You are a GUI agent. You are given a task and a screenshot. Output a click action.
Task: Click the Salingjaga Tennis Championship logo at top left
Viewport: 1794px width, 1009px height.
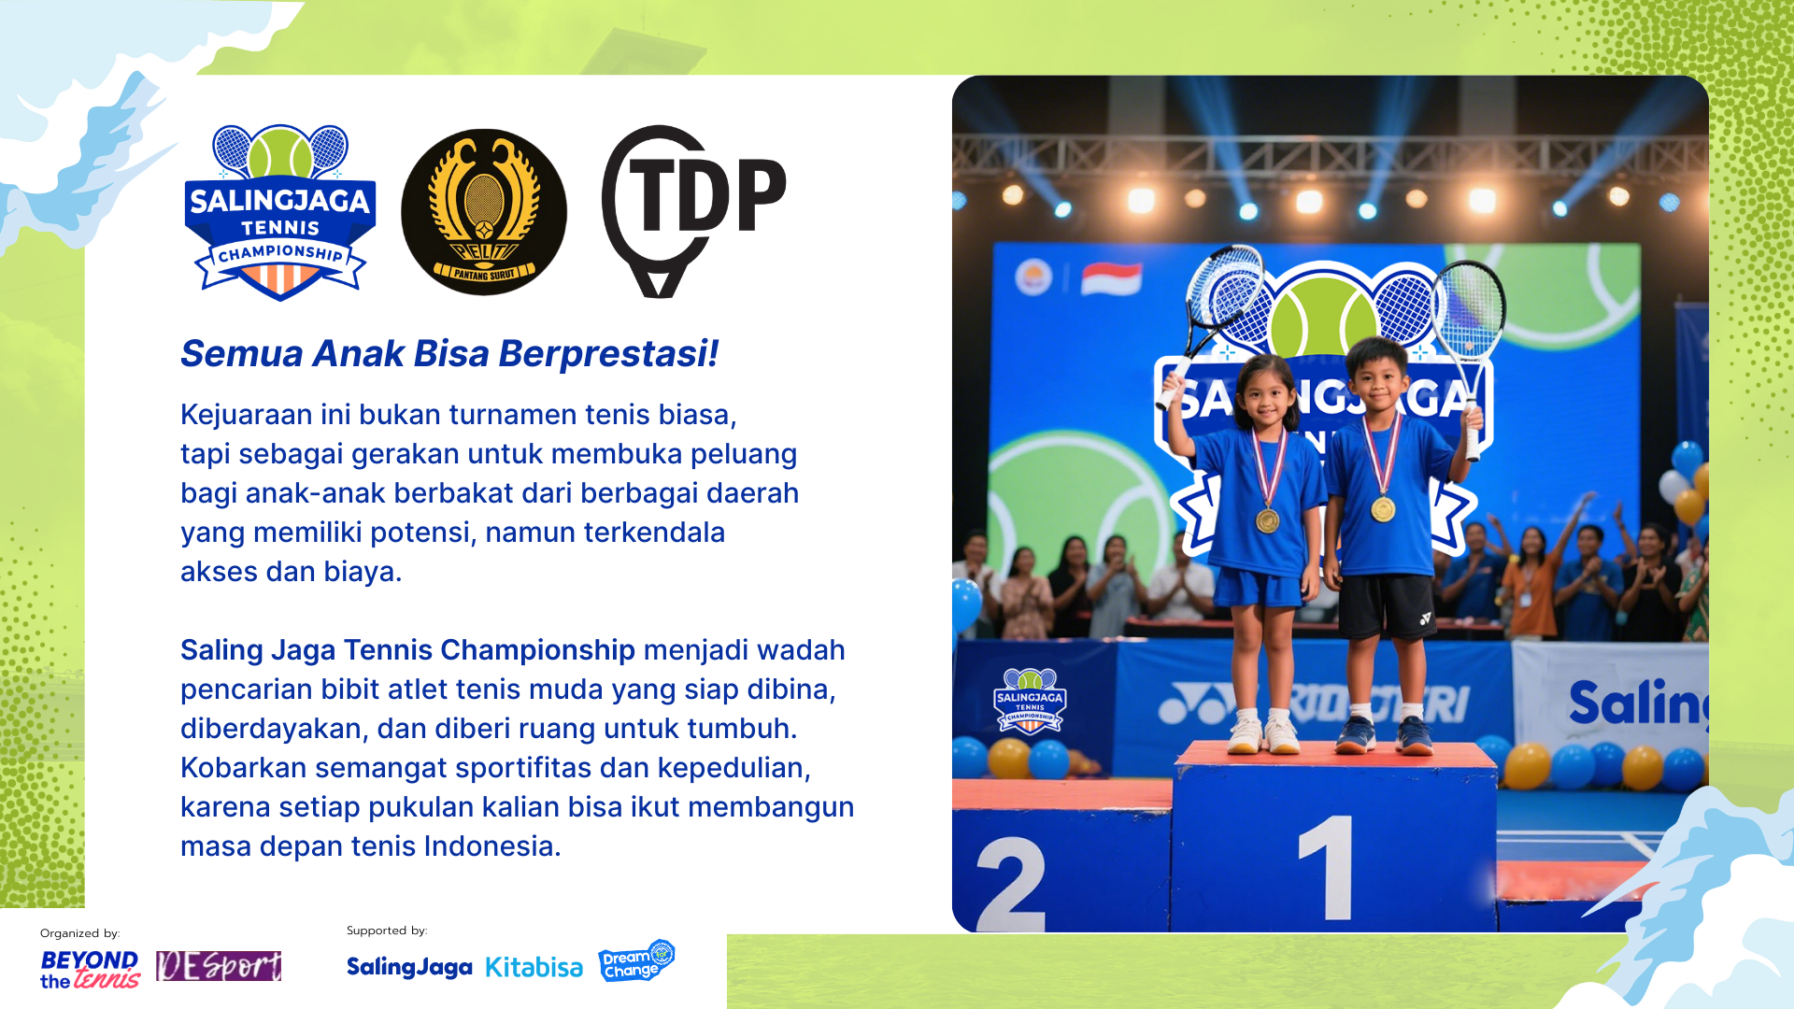point(280,212)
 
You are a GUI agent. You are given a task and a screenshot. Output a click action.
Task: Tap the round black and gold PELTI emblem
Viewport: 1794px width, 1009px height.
point(484,212)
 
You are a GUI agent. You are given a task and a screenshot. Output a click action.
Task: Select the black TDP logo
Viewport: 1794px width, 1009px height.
point(693,211)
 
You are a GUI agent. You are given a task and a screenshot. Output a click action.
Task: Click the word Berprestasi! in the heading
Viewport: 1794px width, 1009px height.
point(608,354)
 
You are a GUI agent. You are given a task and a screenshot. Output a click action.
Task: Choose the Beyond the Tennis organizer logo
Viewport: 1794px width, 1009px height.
point(90,970)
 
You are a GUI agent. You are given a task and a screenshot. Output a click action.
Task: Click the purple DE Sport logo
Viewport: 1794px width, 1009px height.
point(219,966)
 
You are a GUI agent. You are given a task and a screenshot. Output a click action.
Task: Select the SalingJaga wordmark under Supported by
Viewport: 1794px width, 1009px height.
point(409,968)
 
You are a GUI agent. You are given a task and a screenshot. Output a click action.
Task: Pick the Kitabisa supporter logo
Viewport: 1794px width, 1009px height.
point(534,968)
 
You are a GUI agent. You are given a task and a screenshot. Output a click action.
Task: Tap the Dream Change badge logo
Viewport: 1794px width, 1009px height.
point(636,961)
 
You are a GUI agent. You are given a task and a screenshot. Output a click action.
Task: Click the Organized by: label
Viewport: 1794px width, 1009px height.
point(80,933)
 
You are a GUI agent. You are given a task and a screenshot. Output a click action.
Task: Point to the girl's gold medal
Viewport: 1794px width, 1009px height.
point(1267,520)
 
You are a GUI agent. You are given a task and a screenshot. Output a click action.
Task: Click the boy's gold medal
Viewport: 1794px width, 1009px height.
point(1383,509)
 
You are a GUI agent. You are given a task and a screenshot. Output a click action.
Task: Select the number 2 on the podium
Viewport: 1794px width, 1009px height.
point(1011,883)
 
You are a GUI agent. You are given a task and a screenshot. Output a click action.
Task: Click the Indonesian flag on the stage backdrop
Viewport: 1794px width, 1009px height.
point(1111,278)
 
